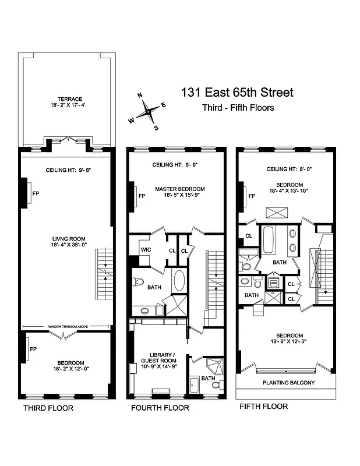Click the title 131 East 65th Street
(x=237, y=92)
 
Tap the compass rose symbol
(x=149, y=111)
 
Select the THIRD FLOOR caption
(x=48, y=408)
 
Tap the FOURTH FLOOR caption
(x=160, y=408)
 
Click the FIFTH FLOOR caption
(x=264, y=407)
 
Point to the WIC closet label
(x=146, y=250)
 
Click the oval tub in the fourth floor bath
(x=178, y=280)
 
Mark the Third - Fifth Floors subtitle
(x=238, y=108)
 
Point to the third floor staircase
(x=103, y=274)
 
